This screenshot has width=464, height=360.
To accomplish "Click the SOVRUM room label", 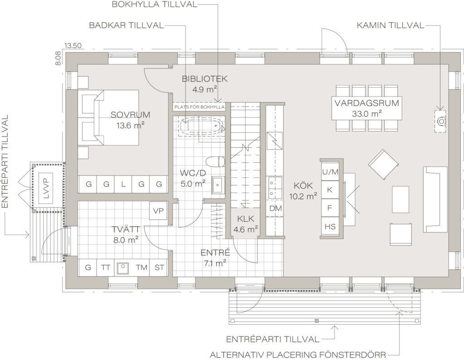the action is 130,115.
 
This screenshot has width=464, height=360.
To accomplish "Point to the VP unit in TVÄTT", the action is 158,211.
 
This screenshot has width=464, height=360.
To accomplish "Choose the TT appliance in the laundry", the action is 106,268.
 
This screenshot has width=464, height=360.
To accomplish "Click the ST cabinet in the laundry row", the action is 159,268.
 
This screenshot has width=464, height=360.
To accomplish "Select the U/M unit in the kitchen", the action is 330,172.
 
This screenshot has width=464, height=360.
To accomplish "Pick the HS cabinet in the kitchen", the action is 330,226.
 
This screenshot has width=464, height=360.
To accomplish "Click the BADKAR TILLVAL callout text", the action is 126,25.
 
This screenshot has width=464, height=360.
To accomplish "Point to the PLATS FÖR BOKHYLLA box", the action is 199,107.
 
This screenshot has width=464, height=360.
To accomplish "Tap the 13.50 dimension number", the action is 72,46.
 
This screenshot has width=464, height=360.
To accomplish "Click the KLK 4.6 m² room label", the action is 246,224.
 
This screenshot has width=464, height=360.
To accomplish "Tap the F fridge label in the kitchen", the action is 330,208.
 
